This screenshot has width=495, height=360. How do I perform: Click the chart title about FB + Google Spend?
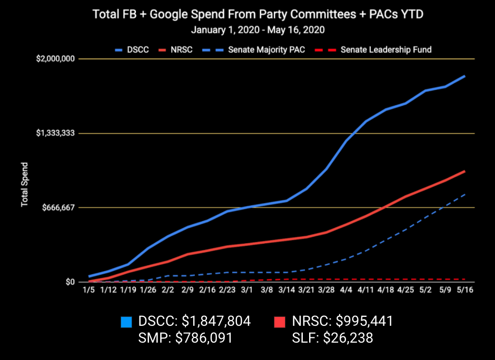tap(258, 14)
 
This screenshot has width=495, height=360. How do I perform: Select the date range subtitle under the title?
tap(258, 29)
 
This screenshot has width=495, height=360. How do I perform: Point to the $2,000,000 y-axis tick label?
tap(55, 59)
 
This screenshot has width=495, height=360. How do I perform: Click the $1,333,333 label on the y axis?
tap(55, 133)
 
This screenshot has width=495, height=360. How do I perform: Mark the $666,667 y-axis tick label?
tap(58, 207)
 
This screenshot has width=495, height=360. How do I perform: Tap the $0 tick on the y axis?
tap(71, 282)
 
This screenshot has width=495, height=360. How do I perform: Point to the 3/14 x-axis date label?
tap(286, 289)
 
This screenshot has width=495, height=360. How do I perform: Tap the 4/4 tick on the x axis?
tap(346, 289)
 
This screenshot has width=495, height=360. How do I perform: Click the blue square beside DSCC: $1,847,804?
tap(126, 321)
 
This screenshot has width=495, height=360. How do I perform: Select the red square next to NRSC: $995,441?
tap(280, 321)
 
